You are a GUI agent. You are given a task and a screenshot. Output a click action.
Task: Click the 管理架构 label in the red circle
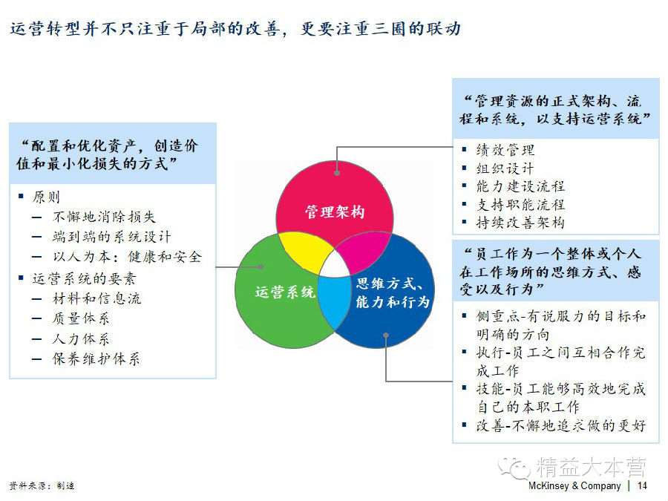[x=335, y=212]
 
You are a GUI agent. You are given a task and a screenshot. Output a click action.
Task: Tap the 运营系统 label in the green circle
[x=285, y=292]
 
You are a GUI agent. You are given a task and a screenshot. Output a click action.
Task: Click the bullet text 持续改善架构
[x=520, y=223]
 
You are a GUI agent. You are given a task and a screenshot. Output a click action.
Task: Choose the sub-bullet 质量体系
[x=81, y=319]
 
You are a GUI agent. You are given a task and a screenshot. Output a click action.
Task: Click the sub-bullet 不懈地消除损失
[x=105, y=217]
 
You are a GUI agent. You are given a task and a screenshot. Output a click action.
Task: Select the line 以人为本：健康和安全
[x=127, y=257]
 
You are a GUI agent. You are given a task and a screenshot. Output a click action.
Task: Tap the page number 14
[x=642, y=486]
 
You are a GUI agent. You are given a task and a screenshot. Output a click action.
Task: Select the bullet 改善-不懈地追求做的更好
[x=560, y=426]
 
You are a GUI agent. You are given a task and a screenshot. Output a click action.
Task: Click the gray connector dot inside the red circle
[x=338, y=172]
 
